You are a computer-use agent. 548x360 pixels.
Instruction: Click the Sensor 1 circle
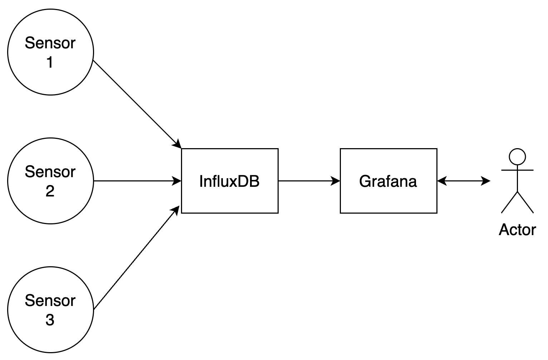(x=50, y=52)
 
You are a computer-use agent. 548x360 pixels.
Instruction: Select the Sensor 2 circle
(x=50, y=181)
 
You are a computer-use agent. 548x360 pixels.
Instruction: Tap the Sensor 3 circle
(x=50, y=310)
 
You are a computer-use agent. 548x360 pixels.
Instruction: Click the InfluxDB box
(x=230, y=181)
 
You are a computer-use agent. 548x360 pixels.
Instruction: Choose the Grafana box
(x=388, y=181)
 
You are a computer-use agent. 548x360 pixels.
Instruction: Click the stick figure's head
(x=517, y=157)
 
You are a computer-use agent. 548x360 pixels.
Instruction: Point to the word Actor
(x=517, y=230)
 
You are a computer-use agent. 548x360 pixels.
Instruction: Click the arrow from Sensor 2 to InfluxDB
(x=136, y=181)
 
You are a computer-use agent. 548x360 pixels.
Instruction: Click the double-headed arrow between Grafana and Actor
(x=464, y=181)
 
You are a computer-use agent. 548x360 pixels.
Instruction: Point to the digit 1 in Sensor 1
(x=50, y=62)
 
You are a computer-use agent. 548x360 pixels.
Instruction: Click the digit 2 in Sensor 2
(x=50, y=191)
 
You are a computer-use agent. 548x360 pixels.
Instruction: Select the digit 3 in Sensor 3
(x=50, y=320)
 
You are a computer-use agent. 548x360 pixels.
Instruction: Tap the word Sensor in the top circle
(x=50, y=43)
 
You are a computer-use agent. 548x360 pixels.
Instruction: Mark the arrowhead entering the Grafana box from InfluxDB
(x=336, y=181)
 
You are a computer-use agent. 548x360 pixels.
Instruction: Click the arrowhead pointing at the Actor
(x=486, y=181)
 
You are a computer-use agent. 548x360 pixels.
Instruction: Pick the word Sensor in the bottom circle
(x=50, y=301)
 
